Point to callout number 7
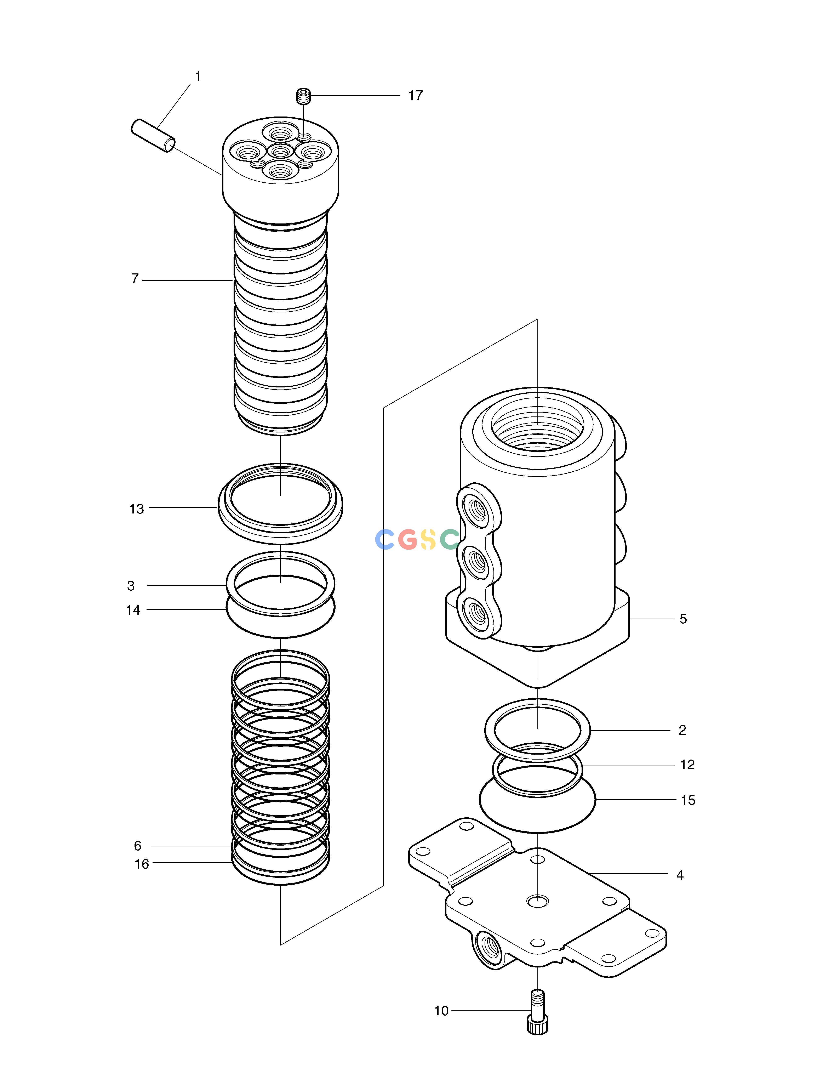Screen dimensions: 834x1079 [135, 279]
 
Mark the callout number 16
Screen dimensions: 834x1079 [142, 864]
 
